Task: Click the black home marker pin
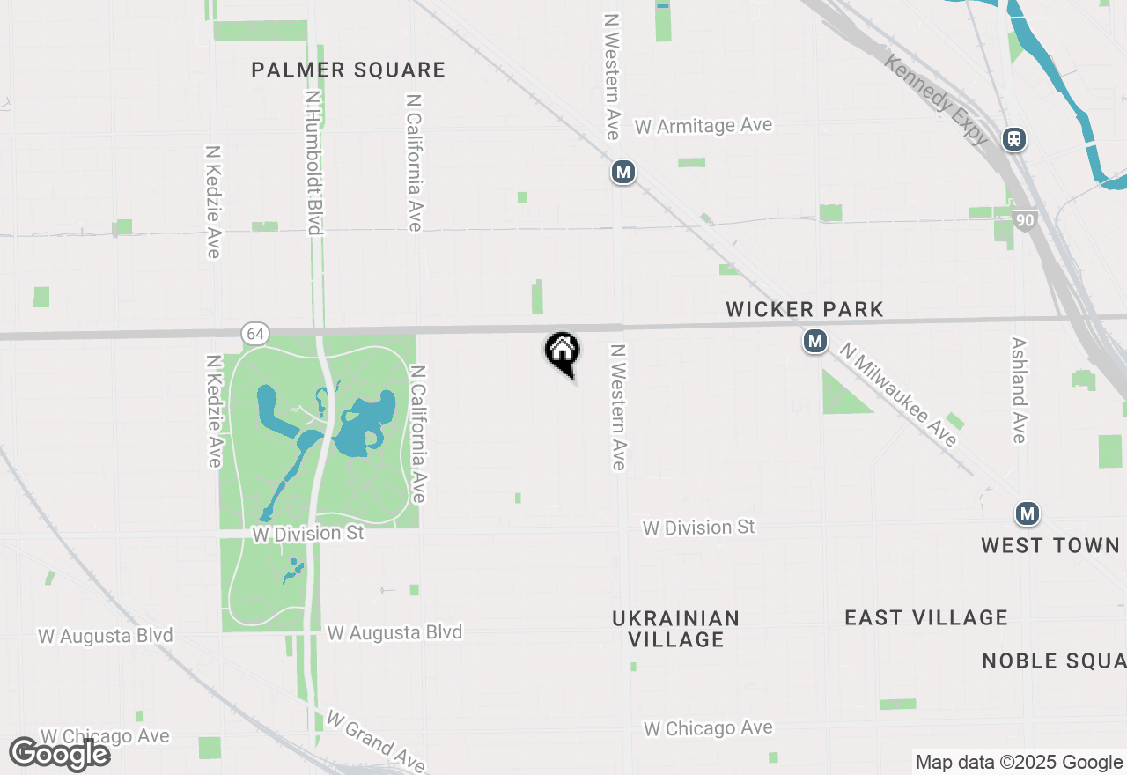(563, 352)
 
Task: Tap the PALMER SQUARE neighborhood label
(348, 70)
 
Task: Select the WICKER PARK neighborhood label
(804, 309)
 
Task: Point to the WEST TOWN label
(1050, 545)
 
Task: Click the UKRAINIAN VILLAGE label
(676, 629)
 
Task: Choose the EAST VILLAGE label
(926, 617)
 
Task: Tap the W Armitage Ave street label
(703, 126)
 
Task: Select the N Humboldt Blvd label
(313, 161)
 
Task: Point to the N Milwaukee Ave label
(898, 395)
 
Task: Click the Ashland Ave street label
(1020, 390)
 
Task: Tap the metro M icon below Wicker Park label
(815, 341)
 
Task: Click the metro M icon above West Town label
(1027, 513)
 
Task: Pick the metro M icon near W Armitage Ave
(623, 172)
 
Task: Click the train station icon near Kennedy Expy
(1014, 139)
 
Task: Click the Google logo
(59, 754)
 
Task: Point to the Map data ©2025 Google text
(1019, 763)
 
